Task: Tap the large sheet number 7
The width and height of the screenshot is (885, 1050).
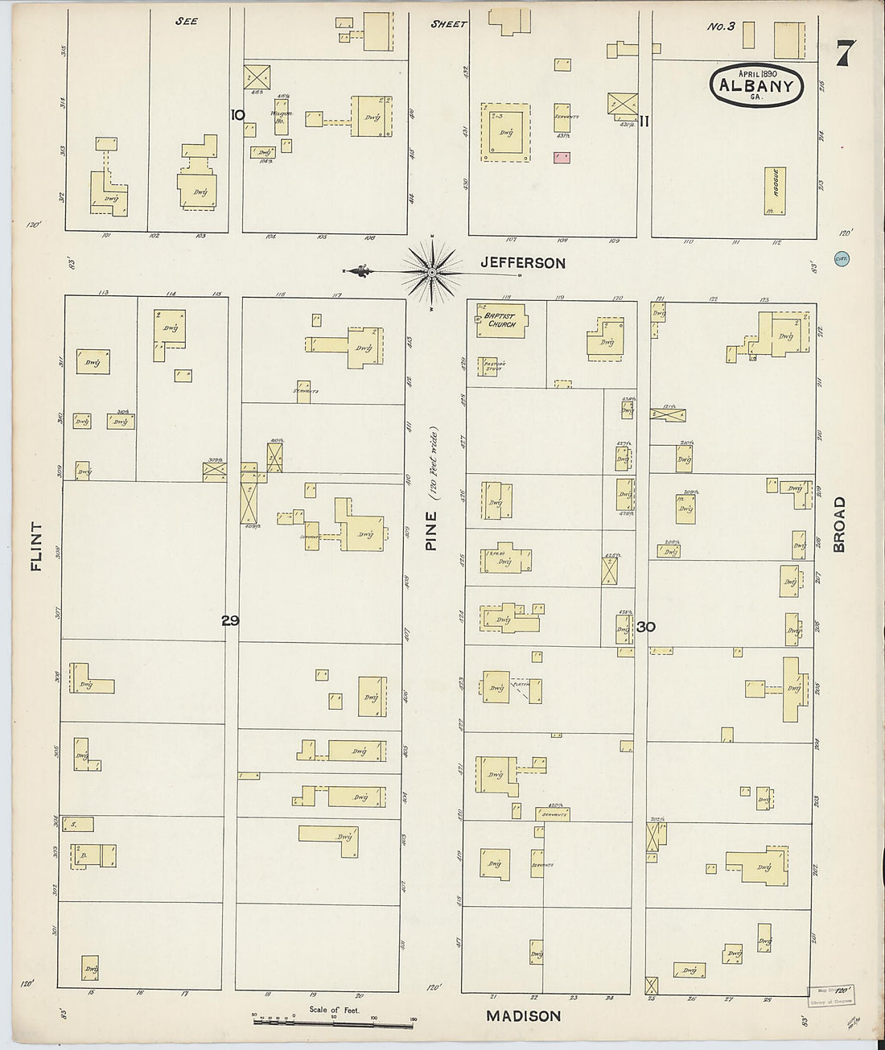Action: (x=844, y=55)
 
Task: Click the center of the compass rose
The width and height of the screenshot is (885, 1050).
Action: (x=432, y=273)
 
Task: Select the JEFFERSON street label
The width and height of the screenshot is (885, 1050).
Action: (x=523, y=263)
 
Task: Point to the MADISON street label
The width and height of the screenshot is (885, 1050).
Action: (x=523, y=1016)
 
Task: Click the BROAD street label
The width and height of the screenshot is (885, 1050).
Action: (x=839, y=524)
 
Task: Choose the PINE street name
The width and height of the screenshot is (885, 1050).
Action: (x=431, y=532)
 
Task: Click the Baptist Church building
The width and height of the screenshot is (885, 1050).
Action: (x=501, y=320)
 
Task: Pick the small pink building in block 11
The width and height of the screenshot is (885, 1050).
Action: (x=562, y=157)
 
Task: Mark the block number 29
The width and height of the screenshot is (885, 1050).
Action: (x=231, y=620)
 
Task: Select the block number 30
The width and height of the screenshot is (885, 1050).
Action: (x=645, y=627)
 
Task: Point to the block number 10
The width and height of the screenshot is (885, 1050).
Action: (x=237, y=115)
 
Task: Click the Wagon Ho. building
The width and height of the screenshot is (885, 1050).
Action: (x=282, y=121)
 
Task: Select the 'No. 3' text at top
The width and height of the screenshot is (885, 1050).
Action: (x=721, y=27)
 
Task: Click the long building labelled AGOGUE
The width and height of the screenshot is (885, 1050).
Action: (x=775, y=191)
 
